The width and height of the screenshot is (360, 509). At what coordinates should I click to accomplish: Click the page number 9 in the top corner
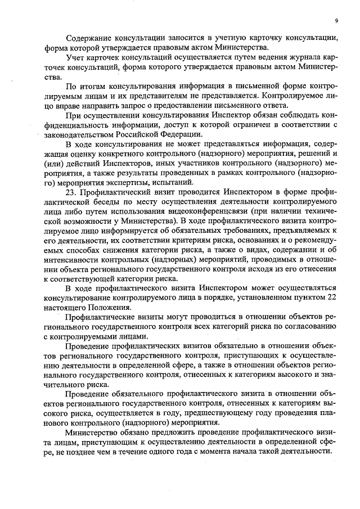pyautogui.click(x=336, y=20)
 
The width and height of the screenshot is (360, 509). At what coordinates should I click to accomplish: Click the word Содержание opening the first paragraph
pyautogui.click(x=90, y=38)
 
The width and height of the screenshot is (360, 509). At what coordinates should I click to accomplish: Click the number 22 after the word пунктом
pyautogui.click(x=331, y=298)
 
